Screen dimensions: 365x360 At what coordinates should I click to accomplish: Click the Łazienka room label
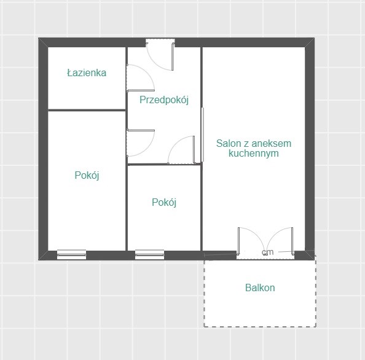[x=87, y=73]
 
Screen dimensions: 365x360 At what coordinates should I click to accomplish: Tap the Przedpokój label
[x=164, y=100]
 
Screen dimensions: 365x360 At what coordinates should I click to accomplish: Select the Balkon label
[x=260, y=288]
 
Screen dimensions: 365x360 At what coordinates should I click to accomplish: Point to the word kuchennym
[x=254, y=154]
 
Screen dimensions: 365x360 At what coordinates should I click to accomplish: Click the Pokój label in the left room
[x=87, y=175]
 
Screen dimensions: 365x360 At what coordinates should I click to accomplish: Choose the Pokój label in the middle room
[x=164, y=202]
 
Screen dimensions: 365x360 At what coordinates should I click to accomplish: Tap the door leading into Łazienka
[x=140, y=78]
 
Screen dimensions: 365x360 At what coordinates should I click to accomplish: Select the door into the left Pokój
[x=140, y=143]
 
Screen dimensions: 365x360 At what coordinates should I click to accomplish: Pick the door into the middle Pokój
[x=181, y=150]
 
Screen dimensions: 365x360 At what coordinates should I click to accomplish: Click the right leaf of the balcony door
[x=280, y=241]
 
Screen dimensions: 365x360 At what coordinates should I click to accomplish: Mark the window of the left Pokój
[x=71, y=254]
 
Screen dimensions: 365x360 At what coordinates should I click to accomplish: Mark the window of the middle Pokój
[x=149, y=254]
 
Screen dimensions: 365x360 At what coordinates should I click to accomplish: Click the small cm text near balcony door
[x=267, y=252]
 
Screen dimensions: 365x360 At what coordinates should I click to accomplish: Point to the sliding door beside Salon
[x=203, y=135]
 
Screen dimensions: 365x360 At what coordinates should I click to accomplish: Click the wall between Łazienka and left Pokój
[x=87, y=110]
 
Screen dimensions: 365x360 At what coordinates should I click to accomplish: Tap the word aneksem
[x=272, y=143]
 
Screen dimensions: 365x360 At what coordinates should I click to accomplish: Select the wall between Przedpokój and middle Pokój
[x=164, y=164]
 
